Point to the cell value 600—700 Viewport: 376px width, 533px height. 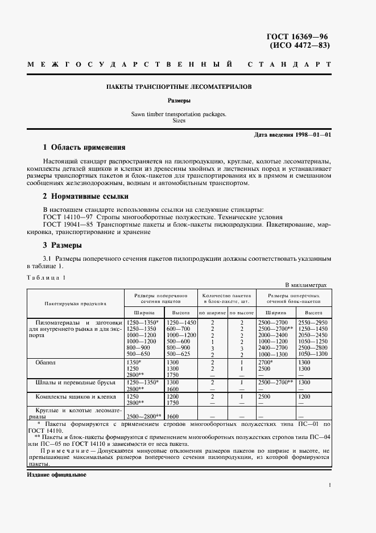click(178, 329)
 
